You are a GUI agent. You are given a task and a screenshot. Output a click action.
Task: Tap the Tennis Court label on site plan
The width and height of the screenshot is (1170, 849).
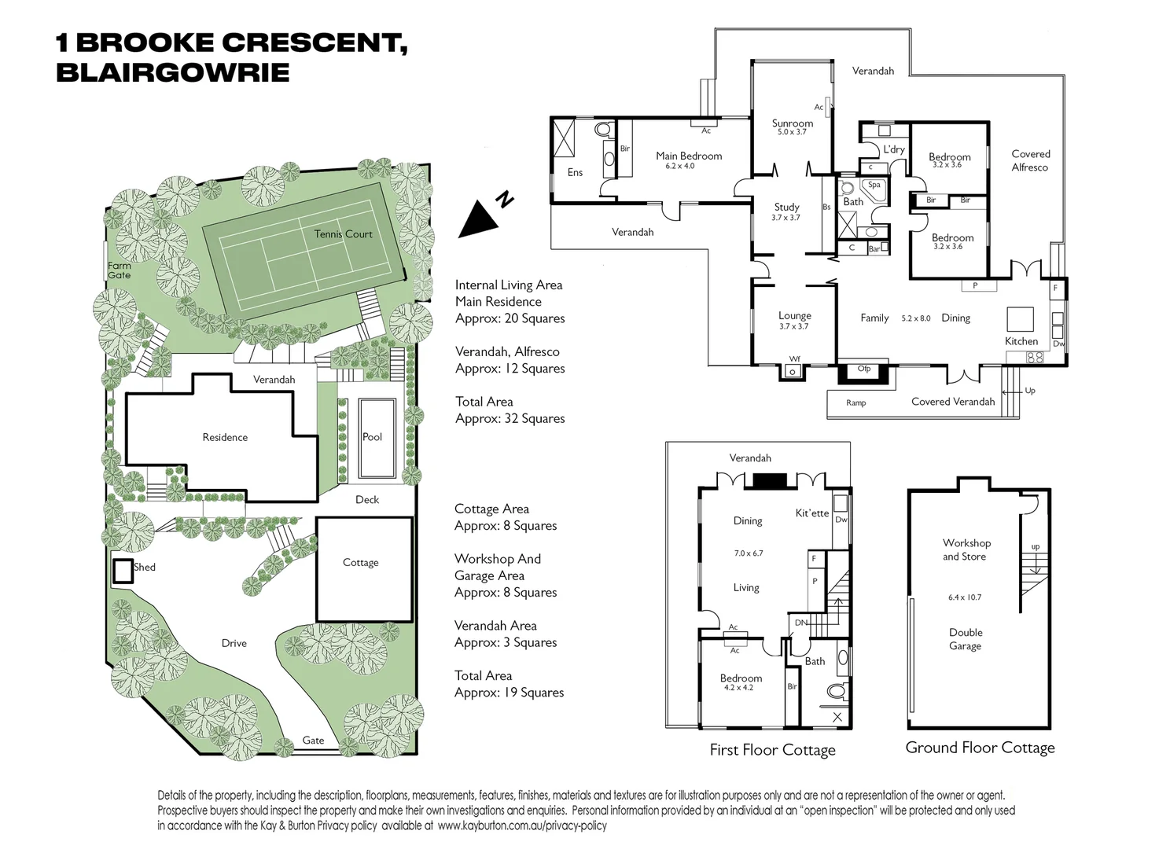[343, 234]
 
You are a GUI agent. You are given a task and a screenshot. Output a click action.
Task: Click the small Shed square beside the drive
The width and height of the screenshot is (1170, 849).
[122, 571]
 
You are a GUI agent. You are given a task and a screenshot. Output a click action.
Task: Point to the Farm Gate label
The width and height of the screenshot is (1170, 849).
[120, 270]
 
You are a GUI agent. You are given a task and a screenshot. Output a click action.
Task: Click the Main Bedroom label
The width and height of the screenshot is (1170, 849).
[689, 156]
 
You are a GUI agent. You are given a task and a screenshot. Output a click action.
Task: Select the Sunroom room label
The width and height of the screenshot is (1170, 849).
[792, 123]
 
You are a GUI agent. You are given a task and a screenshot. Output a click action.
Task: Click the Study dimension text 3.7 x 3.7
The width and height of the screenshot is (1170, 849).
[786, 218]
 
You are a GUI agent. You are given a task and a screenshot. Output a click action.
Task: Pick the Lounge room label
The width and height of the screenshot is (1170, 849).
[794, 316]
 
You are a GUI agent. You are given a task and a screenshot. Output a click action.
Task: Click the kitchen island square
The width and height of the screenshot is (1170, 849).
[1021, 319]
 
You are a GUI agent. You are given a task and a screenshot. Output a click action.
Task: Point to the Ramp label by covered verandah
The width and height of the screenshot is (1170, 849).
[855, 403]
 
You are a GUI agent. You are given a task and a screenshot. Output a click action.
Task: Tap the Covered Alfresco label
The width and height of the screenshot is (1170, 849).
[1030, 160]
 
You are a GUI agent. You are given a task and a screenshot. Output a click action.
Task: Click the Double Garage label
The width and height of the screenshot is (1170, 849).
[966, 639]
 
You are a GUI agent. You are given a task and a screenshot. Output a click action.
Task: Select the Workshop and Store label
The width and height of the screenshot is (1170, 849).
[966, 549]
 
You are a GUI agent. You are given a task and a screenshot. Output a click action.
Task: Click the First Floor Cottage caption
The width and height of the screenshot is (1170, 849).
[772, 750]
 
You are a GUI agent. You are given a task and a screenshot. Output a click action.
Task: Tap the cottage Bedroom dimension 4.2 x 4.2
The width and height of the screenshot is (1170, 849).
[738, 688]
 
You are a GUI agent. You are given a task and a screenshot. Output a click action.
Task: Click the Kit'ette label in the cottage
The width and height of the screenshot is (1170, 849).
[811, 513]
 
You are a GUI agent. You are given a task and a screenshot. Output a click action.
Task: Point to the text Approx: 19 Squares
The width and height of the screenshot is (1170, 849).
[509, 693]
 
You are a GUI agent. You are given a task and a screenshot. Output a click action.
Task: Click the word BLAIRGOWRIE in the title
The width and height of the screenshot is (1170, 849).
[173, 73]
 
